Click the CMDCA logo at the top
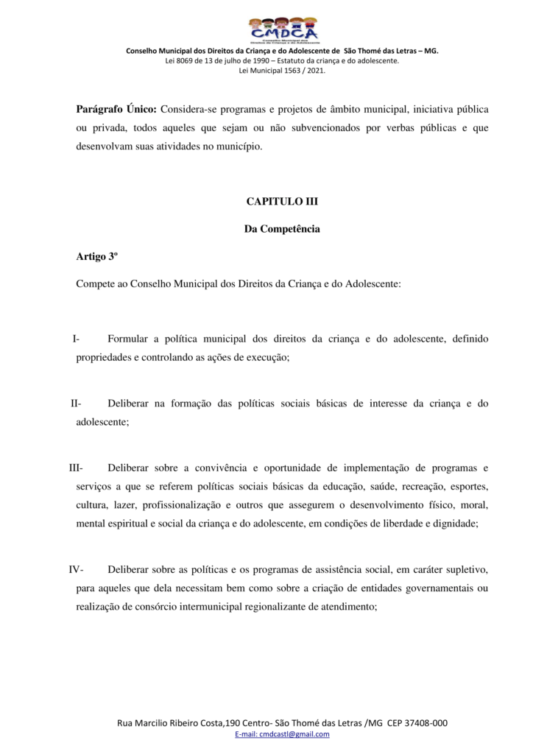[283, 30]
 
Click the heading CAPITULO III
[282, 201]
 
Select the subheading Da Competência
[282, 229]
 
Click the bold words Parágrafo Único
[116, 109]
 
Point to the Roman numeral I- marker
[76, 339]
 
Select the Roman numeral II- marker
[76, 404]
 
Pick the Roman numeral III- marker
[77, 468]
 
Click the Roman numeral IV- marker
[77, 569]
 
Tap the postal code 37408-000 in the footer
[427, 723]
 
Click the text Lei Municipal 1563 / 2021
[283, 71]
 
